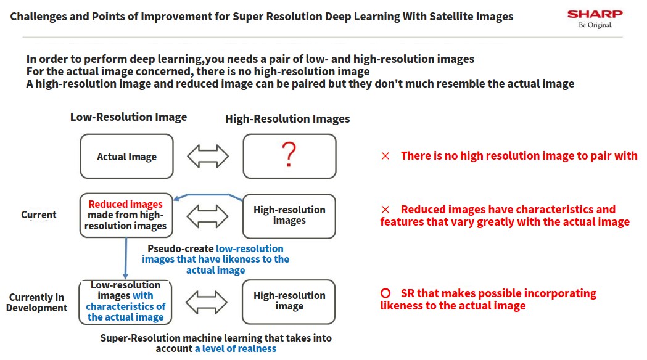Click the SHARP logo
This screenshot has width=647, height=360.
point(595,14)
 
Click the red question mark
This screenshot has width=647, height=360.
point(289,154)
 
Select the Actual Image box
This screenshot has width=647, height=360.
point(126,157)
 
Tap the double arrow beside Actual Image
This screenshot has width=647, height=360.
point(208,157)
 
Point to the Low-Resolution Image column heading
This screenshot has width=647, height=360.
point(128,117)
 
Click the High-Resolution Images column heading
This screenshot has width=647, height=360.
point(287,119)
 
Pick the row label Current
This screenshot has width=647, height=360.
point(39,215)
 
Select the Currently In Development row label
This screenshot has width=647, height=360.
point(37,303)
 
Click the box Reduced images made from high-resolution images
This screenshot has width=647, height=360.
point(126,215)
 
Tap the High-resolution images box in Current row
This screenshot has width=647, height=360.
point(289,216)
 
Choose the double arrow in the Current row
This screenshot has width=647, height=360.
point(208,216)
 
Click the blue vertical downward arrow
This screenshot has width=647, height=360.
point(125,258)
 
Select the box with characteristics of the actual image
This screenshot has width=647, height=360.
point(125,302)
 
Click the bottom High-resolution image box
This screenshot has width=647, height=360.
point(289,301)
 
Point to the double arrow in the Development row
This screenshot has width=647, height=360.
point(207,302)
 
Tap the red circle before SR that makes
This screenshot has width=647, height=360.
point(385,293)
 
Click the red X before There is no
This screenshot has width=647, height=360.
point(385,156)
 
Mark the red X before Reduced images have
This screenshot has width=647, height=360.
point(385,210)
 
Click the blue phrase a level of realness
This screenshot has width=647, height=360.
point(236,349)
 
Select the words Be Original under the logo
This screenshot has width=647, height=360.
point(595,25)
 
